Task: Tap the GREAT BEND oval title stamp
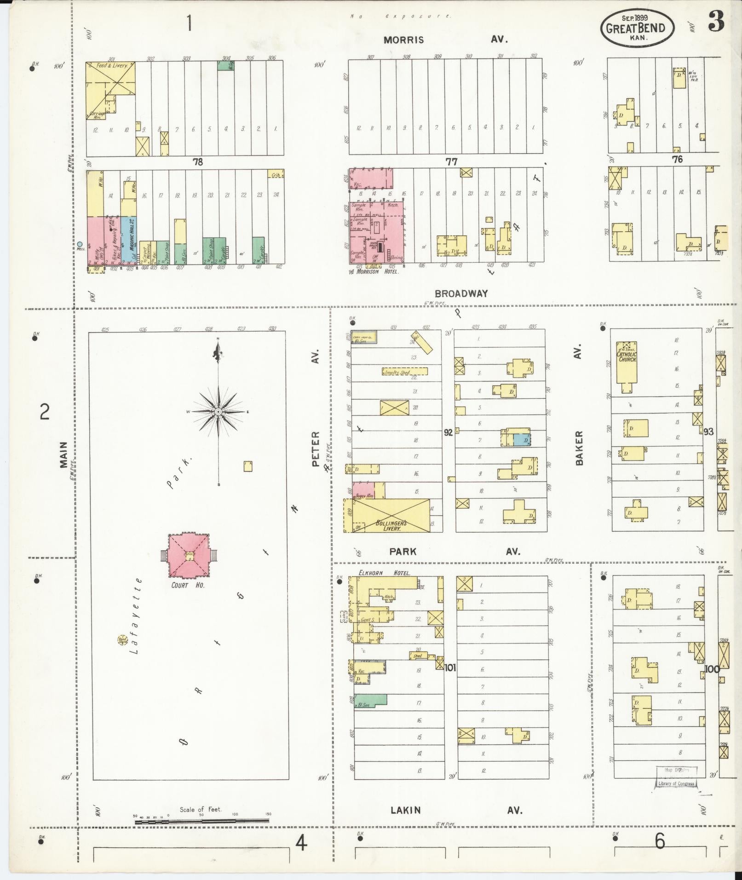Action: click(637, 28)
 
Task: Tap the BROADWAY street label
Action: click(461, 293)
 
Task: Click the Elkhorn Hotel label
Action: click(384, 573)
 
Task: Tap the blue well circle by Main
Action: click(80, 244)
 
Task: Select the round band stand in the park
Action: click(122, 639)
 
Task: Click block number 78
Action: click(198, 162)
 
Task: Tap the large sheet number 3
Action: click(716, 21)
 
